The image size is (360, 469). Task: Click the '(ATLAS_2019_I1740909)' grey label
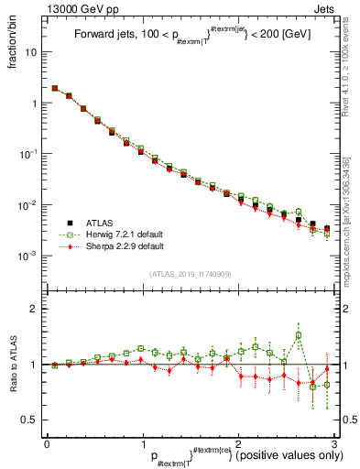click(191, 274)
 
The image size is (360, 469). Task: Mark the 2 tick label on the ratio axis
click(35, 310)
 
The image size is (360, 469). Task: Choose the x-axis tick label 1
click(142, 444)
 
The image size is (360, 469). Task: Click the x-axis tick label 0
click(47, 444)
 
